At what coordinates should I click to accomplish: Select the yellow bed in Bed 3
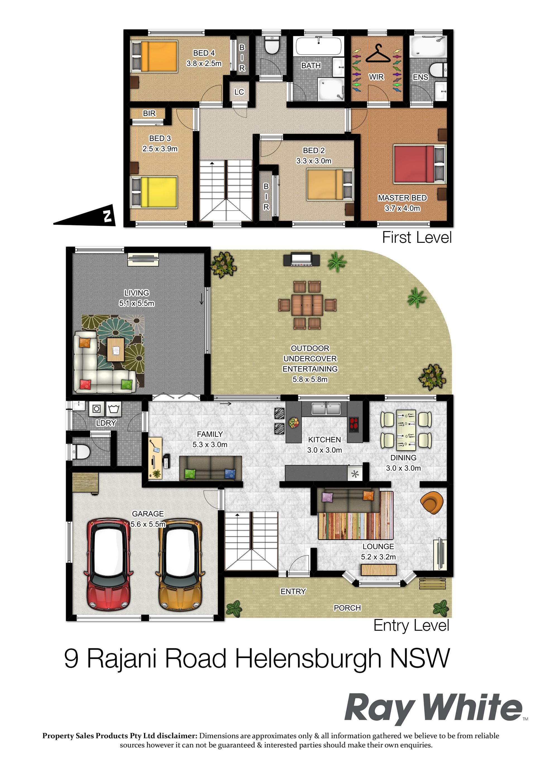click(154, 192)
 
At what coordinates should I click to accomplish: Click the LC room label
click(239, 92)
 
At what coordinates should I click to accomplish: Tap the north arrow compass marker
click(85, 215)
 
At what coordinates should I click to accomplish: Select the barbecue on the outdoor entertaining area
click(301, 259)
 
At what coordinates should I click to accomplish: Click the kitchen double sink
click(326, 409)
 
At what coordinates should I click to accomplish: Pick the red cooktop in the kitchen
click(354, 424)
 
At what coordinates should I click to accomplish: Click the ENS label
click(420, 77)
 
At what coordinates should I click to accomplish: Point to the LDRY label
click(106, 423)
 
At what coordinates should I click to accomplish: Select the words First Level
click(417, 238)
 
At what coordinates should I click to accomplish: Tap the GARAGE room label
click(148, 514)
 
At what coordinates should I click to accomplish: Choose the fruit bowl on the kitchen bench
click(294, 422)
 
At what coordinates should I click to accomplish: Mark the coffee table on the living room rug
click(116, 349)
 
